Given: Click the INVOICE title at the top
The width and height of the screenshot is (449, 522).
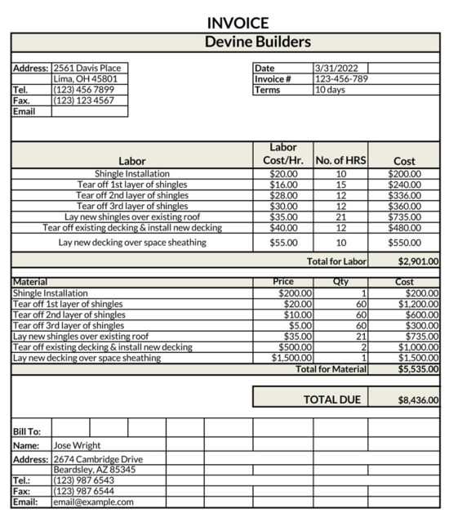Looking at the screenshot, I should tap(238, 23).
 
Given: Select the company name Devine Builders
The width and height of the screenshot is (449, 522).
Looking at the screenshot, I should tap(257, 42).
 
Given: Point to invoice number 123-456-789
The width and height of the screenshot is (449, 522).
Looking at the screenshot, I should tap(341, 79).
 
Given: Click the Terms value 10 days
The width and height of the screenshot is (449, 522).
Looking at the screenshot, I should tap(330, 90).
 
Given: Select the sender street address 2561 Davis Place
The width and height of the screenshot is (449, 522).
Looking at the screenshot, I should tap(87, 68).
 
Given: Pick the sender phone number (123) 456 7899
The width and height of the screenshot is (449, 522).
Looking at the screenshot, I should tap(84, 90).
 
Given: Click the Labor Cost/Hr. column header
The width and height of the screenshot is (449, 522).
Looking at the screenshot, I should tap(283, 154).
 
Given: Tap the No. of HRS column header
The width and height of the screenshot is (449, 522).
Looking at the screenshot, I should tap(340, 161).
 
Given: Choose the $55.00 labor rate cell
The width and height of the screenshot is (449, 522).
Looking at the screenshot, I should tap(283, 243).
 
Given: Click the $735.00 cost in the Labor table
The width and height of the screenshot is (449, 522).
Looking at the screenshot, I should tap(404, 217).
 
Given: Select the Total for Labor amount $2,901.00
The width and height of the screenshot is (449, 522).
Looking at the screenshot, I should tap(418, 261).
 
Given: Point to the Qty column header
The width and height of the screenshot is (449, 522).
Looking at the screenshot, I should tap(340, 281).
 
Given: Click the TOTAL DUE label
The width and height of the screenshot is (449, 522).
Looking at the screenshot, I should tap(332, 399).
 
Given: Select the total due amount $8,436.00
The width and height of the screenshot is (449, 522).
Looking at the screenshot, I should tap(418, 400).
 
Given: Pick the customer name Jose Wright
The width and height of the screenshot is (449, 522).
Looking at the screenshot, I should tap(77, 445).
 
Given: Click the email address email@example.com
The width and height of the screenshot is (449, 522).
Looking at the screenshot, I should tap(93, 502).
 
